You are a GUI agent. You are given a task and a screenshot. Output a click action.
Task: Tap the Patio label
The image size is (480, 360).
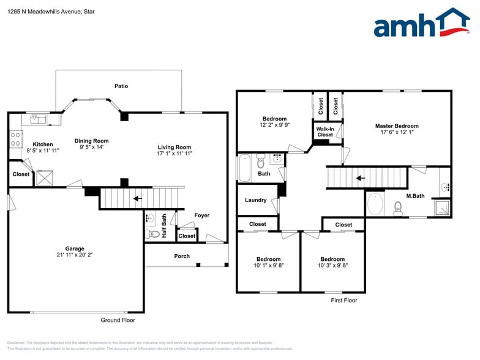121,86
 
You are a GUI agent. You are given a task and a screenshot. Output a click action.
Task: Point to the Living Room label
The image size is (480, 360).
174,147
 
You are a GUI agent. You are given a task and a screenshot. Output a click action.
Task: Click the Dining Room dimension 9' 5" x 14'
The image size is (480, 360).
91,148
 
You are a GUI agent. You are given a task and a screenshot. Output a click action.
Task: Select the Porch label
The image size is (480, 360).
182,256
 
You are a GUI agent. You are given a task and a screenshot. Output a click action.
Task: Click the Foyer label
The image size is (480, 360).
202,216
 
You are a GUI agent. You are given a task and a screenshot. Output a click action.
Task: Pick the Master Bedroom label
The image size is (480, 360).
397,126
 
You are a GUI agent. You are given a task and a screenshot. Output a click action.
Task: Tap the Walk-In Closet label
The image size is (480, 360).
325,132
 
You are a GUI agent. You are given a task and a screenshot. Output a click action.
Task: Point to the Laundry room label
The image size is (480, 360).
255,200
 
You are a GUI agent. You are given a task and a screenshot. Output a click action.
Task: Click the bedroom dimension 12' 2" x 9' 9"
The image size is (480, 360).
274,126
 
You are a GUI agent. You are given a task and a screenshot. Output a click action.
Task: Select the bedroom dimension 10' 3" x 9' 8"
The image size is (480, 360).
332,266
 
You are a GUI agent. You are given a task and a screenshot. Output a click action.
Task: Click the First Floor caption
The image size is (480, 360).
344,301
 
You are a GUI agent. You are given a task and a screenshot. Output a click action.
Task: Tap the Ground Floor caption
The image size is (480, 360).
118,320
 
